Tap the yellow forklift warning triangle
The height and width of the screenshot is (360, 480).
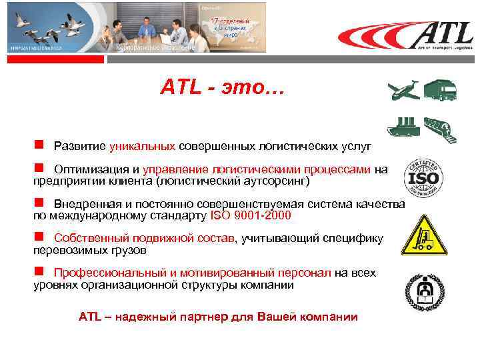pos(424,237)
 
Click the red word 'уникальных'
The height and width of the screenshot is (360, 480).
pos(143,145)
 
